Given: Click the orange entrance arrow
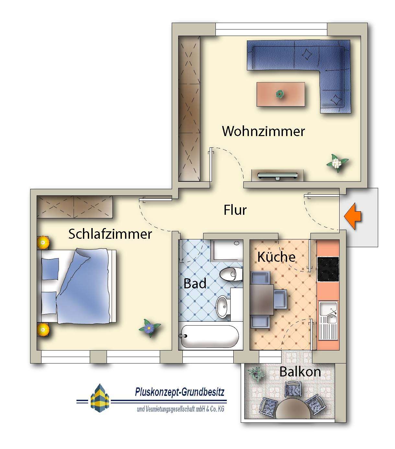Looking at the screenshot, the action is [x=353, y=216].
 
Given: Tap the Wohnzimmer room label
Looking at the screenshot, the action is [x=263, y=131].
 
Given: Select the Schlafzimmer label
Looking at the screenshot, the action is [x=110, y=234].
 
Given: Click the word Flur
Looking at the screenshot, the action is [x=235, y=210].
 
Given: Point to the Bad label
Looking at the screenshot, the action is [x=195, y=283].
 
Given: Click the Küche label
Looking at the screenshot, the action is [x=276, y=257].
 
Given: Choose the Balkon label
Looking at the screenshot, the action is [x=300, y=372].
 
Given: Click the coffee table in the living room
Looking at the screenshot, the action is [x=281, y=94].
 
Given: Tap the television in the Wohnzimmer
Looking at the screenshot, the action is [x=277, y=176].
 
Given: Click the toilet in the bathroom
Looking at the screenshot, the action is [x=230, y=274].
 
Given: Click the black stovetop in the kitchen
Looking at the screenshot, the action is [x=328, y=269].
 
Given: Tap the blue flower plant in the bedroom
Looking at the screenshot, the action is [x=149, y=328].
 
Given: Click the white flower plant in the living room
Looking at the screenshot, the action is [x=337, y=162].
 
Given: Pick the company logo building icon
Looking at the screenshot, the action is [x=100, y=398].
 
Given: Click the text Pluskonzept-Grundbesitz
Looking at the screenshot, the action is [x=180, y=392].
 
